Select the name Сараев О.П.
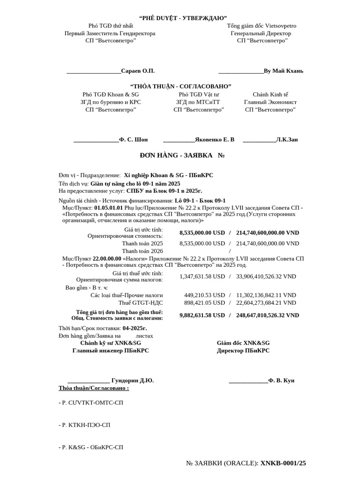tap(138, 71)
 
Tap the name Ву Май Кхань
tap(284, 71)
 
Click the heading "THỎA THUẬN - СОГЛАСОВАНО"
tap(180, 86)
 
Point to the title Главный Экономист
tap(270, 102)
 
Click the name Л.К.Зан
tap(287, 139)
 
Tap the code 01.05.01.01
tap(108, 207)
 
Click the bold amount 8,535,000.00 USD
tap(202, 232)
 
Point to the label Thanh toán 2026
tap(142, 251)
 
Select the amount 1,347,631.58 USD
tap(202, 276)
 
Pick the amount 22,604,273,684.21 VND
tap(266, 302)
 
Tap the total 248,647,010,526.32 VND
tap(268, 315)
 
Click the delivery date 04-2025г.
tap(135, 328)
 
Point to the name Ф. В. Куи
tap(281, 380)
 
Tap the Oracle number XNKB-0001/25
tap(283, 463)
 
